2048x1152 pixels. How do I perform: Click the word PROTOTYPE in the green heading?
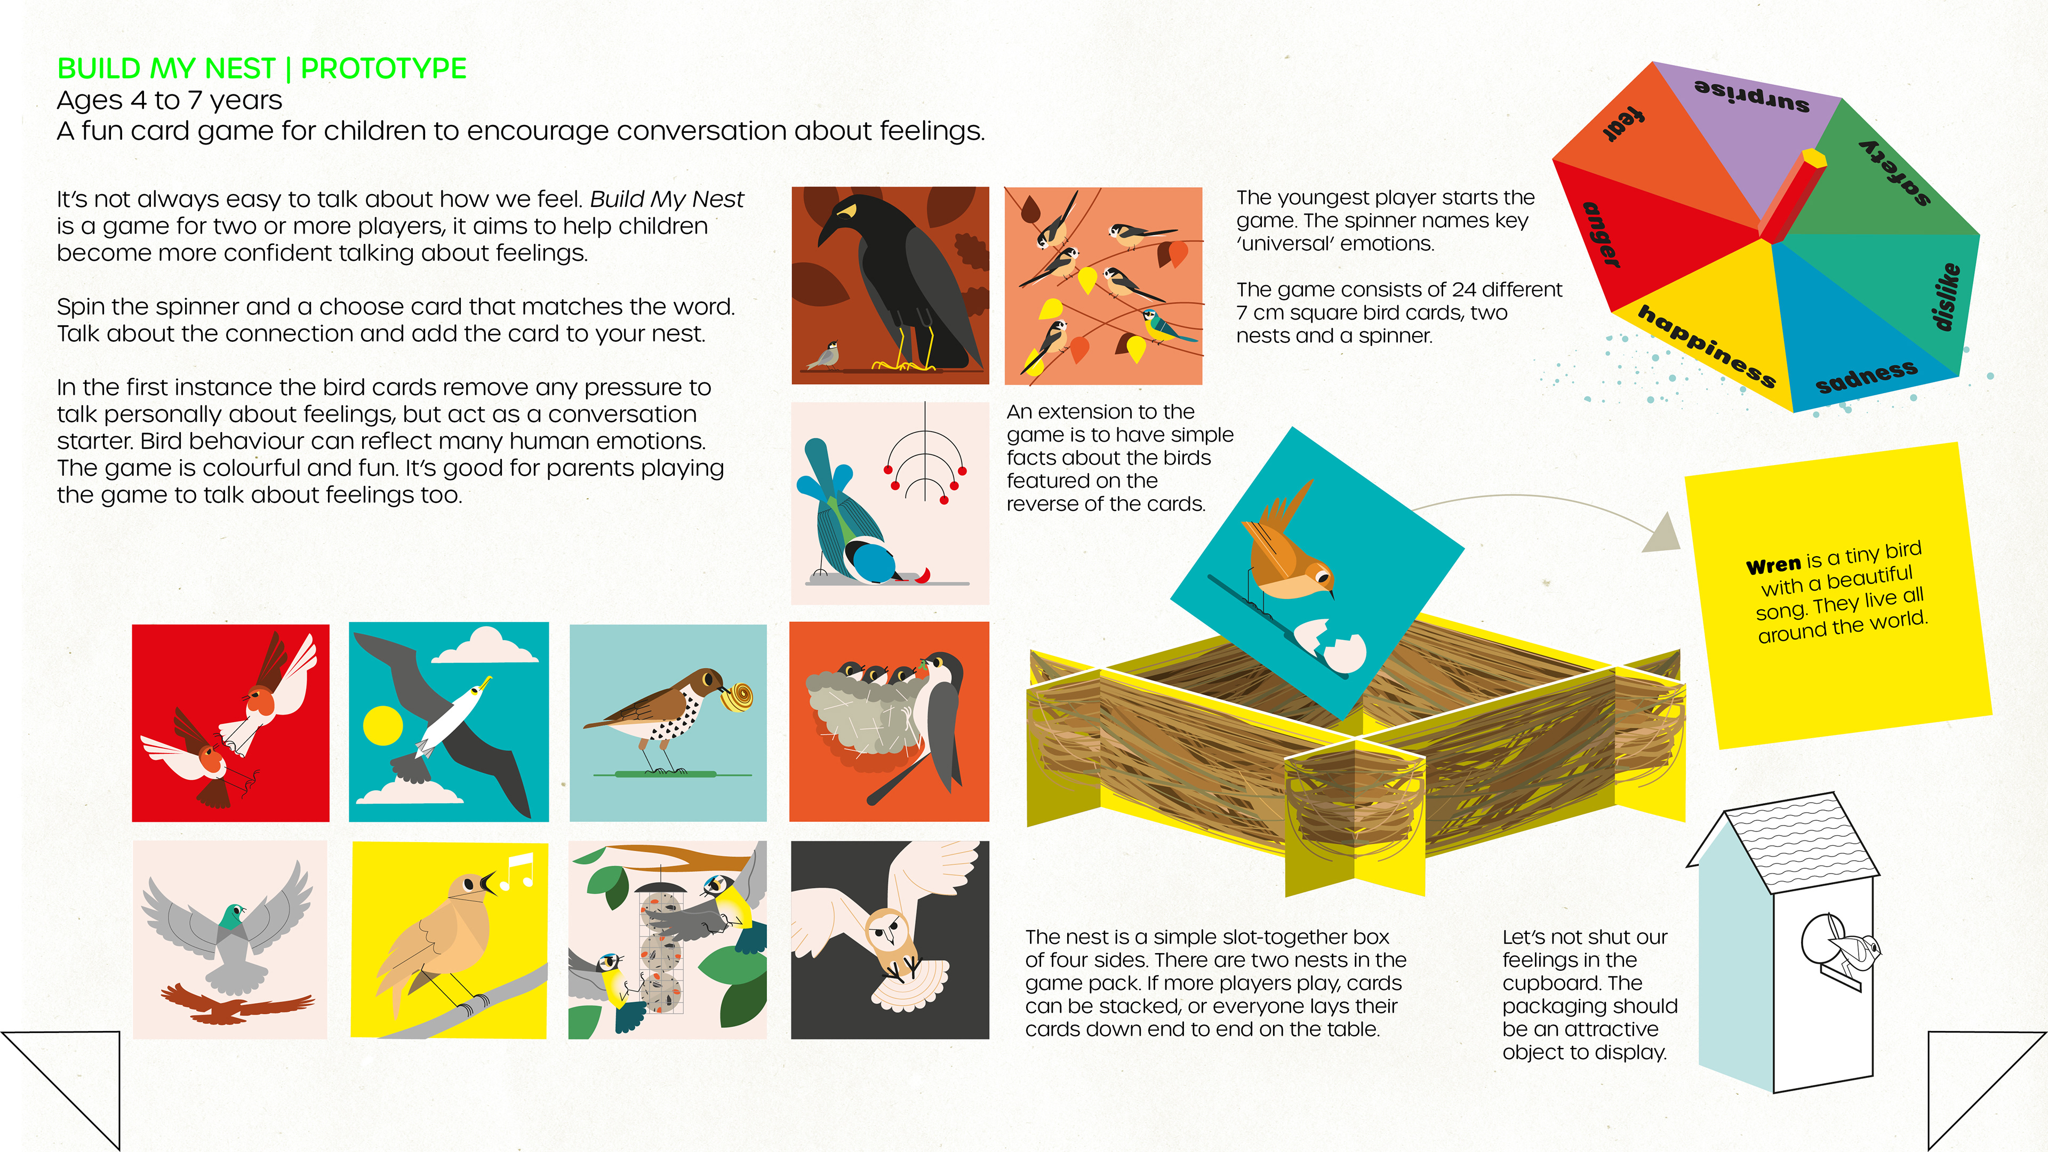click(383, 69)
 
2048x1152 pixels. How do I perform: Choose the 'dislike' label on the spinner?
click(1946, 296)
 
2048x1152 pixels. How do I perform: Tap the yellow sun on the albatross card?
click(383, 726)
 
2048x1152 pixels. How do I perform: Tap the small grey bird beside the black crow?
click(823, 355)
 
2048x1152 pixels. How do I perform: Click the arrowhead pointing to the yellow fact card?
click(1663, 533)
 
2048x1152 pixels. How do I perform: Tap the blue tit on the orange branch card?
click(1165, 325)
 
